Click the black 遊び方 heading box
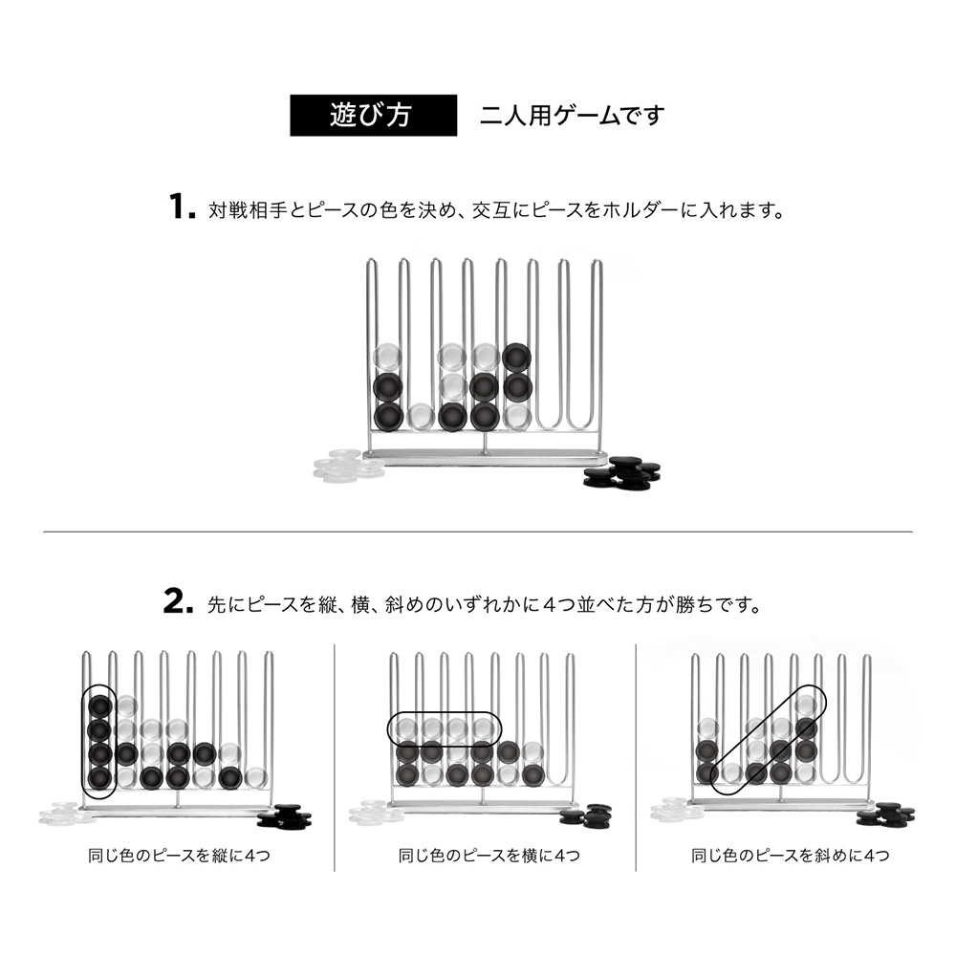point(373,116)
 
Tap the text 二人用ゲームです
point(572,116)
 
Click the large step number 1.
point(182,206)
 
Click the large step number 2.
point(178,601)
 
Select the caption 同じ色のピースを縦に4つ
point(180,856)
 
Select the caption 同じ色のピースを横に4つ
point(489,856)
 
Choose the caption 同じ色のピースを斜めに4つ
point(791,856)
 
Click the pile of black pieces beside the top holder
point(622,473)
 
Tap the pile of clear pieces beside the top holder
point(349,466)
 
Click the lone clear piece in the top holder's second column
point(421,417)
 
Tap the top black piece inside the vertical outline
point(100,706)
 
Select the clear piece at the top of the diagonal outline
point(806,706)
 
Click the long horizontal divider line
point(478,532)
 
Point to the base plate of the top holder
point(486,457)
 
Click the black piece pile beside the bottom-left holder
point(285,816)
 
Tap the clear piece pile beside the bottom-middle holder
point(375,812)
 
